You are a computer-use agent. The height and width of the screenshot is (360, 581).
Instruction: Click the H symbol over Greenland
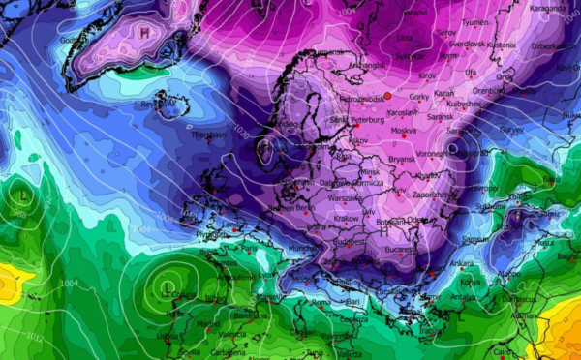click(144, 32)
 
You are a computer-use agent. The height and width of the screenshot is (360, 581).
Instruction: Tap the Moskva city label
click(403, 131)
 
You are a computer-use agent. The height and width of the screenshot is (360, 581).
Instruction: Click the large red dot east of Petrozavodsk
click(386, 95)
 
